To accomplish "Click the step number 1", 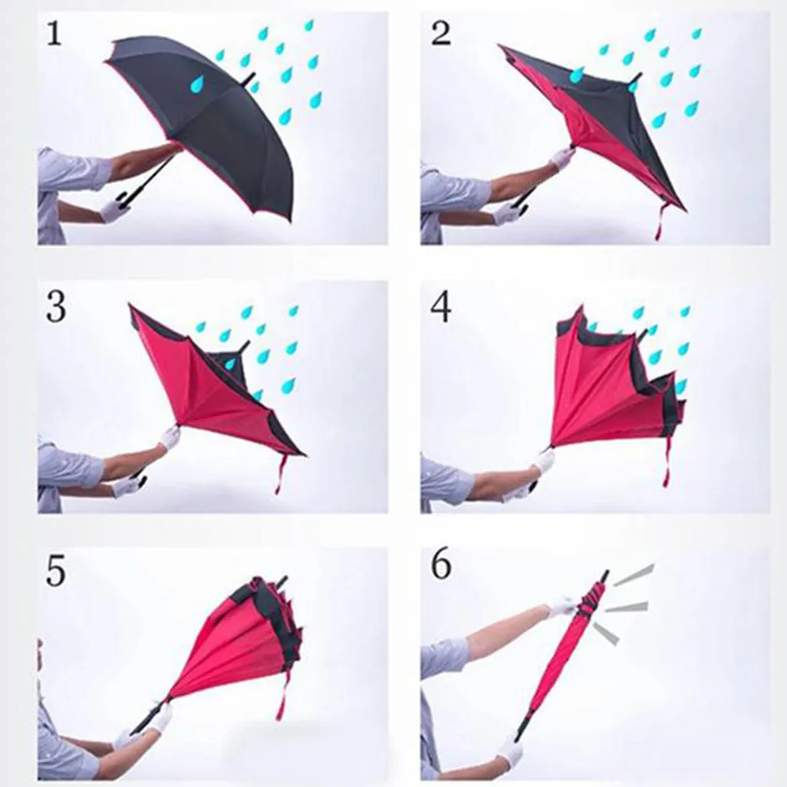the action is pos(54,35).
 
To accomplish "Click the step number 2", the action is pos(441,35).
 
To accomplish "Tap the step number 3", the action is pos(56,307).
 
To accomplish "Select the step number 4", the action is pos(441,307).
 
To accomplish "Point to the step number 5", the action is pos(56,571).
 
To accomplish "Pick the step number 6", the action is pos(441,565).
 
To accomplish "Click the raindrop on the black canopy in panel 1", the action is pos(196,84).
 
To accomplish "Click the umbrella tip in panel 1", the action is pos(249,77).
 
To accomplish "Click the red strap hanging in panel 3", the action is pos(279,474).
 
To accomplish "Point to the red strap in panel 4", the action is pos(667,462).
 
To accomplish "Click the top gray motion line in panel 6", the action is pos(634,575).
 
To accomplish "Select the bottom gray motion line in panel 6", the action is pos(606,634).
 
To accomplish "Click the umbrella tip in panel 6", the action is pos(606,576).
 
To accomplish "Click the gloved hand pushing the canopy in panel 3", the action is pos(170,436).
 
